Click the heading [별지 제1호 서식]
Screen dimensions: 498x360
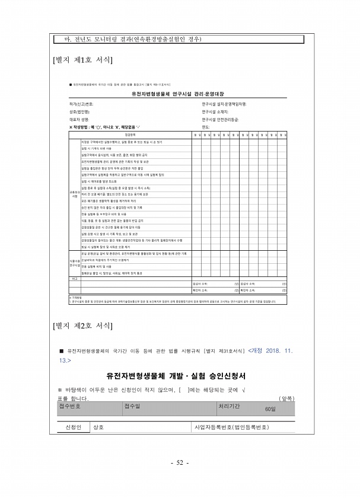[x=84, y=60]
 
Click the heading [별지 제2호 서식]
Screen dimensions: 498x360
[x=84, y=324]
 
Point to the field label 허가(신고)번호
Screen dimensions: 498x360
[x=82, y=104]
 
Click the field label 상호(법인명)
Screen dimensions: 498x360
[x=79, y=111]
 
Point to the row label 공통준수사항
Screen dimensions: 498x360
[x=75, y=194]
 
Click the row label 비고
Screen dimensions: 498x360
[x=75, y=277]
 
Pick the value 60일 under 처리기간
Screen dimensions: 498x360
[x=270, y=409]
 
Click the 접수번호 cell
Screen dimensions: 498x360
[x=71, y=406]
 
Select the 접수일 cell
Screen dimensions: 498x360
[x=132, y=406]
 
